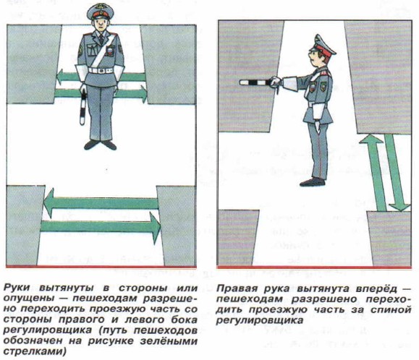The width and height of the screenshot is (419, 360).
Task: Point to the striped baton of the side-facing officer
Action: [255, 82]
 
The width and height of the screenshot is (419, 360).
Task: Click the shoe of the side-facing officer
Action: [312, 182]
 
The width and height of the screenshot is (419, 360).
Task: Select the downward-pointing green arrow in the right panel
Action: [397, 172]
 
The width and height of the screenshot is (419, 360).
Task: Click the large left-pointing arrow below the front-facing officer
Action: [101, 203]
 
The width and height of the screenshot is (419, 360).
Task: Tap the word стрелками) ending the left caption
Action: [35, 352]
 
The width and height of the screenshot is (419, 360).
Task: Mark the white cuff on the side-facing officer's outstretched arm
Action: [291, 84]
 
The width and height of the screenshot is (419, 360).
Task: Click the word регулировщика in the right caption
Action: [260, 320]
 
